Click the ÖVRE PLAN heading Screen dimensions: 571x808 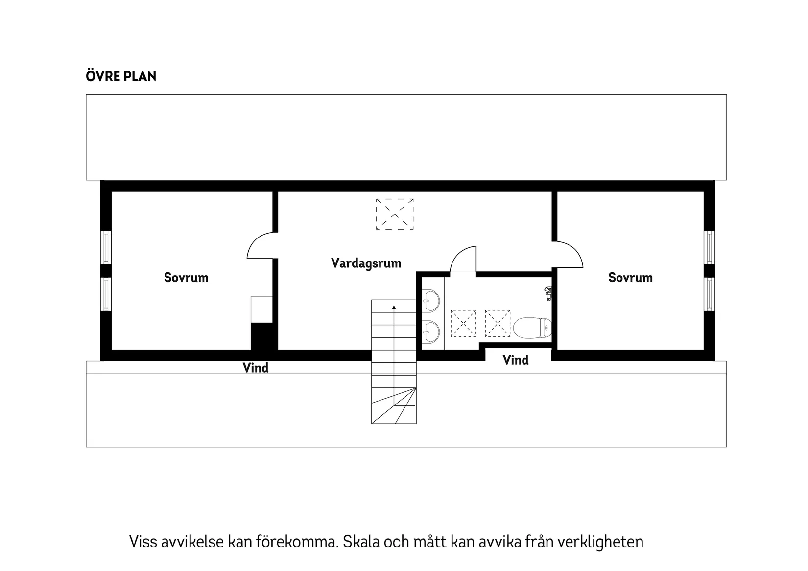[121, 76]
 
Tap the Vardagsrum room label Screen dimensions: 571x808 [366, 263]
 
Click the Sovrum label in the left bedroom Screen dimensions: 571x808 [186, 278]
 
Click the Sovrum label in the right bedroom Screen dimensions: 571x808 [630, 278]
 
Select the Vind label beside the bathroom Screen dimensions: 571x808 [516, 360]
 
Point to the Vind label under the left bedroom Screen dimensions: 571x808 [256, 368]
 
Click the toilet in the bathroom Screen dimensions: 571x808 [532, 328]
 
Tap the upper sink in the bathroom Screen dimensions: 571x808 [431, 300]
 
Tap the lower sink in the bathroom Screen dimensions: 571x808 [431, 332]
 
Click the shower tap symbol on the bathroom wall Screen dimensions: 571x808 [548, 293]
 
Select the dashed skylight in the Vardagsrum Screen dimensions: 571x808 [395, 214]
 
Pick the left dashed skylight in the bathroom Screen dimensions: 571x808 [463, 323]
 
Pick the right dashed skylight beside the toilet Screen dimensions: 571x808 [498, 323]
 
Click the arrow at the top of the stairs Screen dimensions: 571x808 [394, 308]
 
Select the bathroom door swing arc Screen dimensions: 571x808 [462, 259]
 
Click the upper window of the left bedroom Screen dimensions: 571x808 [106, 247]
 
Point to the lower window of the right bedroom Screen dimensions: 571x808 [710, 294]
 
